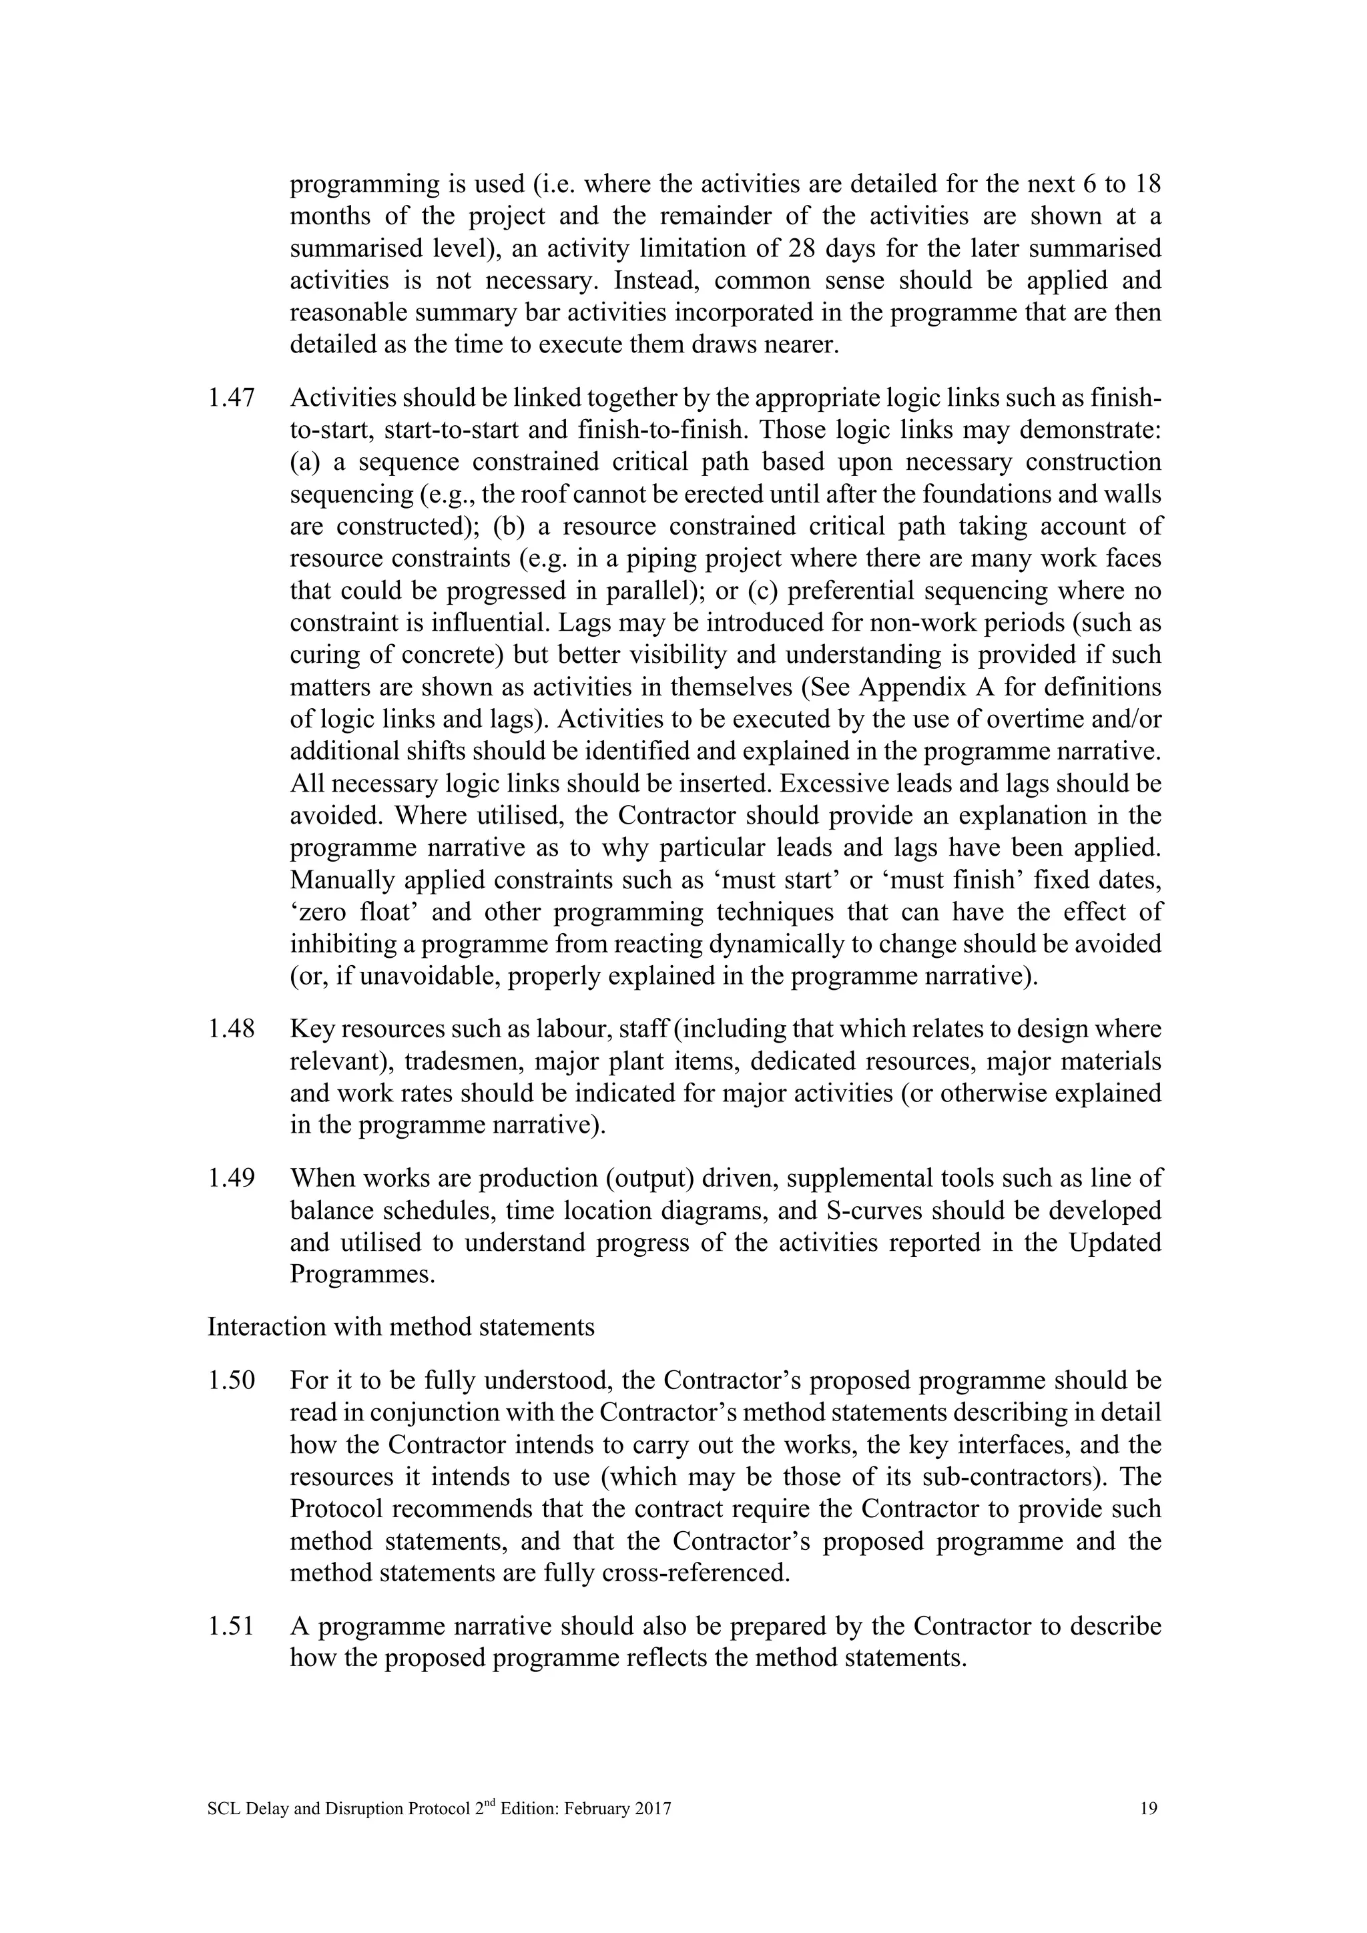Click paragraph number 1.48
click(231, 1029)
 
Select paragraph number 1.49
click(231, 1178)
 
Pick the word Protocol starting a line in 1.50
click(336, 1508)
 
